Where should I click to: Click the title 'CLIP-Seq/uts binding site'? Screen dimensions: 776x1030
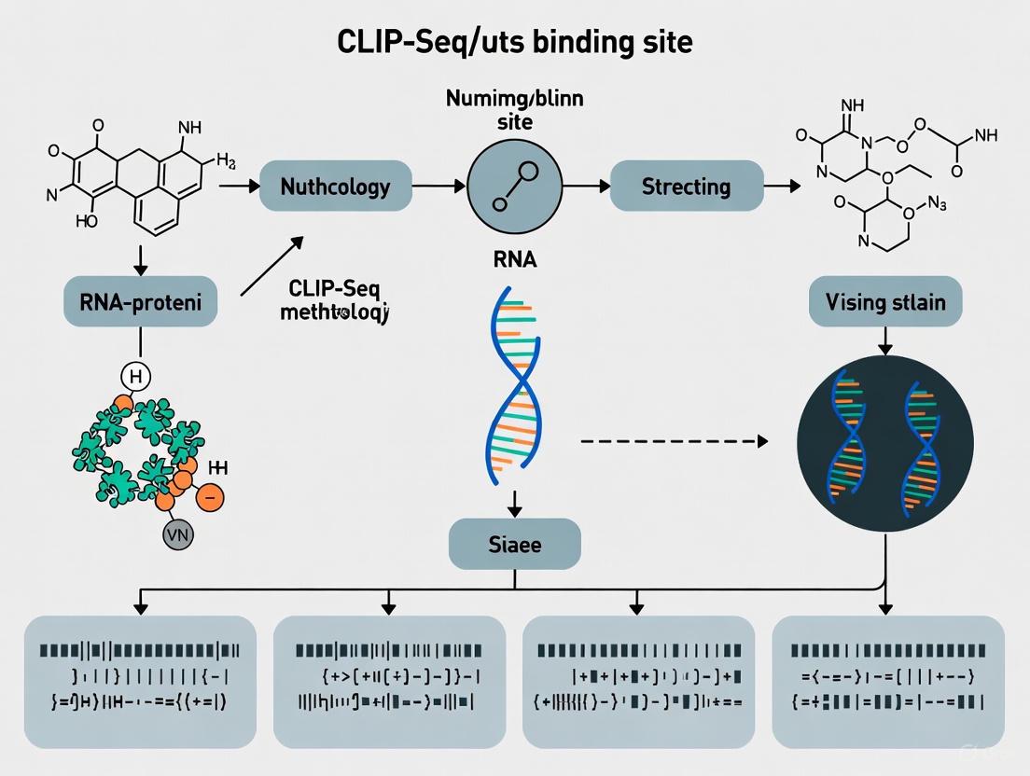(515, 43)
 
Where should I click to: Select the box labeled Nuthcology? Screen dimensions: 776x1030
(335, 187)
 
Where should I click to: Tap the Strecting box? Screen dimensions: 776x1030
(686, 187)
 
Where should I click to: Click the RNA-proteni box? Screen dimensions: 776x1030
(139, 301)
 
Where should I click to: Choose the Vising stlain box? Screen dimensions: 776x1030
(884, 301)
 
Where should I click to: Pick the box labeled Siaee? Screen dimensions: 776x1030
(514, 544)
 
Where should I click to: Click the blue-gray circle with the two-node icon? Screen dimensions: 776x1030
(514, 187)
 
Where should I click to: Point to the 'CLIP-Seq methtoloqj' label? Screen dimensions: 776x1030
(334, 298)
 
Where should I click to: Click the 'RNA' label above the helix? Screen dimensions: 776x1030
(514, 260)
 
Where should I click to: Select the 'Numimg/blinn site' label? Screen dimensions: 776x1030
(514, 110)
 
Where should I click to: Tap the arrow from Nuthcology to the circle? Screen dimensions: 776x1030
(438, 187)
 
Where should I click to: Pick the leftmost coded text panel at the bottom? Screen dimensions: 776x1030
(140, 681)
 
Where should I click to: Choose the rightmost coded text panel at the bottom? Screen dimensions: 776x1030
(888, 681)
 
